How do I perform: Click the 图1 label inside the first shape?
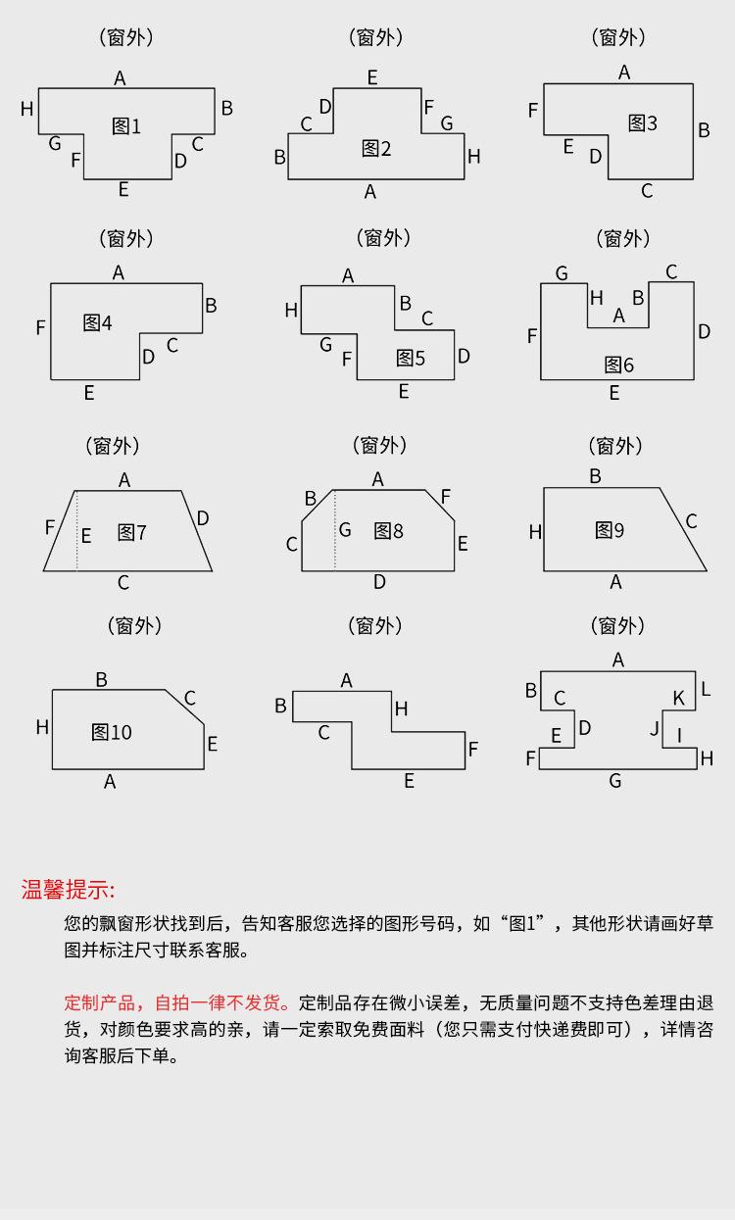[x=126, y=125]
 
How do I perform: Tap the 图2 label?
[x=376, y=148]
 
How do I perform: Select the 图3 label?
[x=643, y=122]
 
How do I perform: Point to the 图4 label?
[x=97, y=322]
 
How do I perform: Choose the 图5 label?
[x=411, y=358]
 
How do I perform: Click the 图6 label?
[x=619, y=365]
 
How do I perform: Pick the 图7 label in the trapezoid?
[x=131, y=532]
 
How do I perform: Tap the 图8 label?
[x=388, y=530]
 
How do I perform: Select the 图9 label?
[x=610, y=530]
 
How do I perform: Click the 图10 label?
[x=111, y=732]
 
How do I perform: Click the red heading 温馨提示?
[x=68, y=890]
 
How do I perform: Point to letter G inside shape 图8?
[x=345, y=530]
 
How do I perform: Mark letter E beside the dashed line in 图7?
[x=86, y=536]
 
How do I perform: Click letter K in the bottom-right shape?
[x=678, y=698]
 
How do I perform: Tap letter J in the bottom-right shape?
[x=655, y=728]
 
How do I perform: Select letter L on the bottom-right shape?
[x=706, y=690]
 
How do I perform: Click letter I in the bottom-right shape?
[x=679, y=733]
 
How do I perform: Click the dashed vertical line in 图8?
[x=335, y=530]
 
